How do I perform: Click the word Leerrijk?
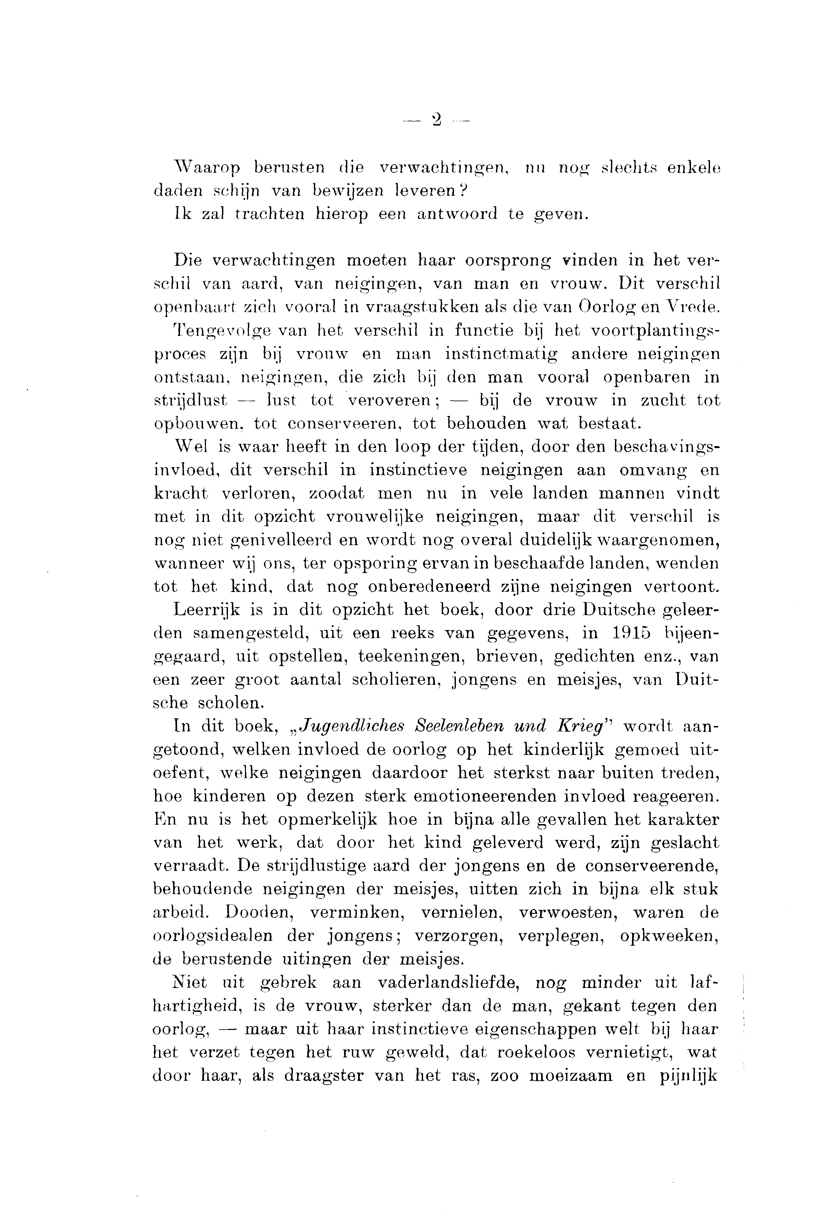[x=207, y=610]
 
